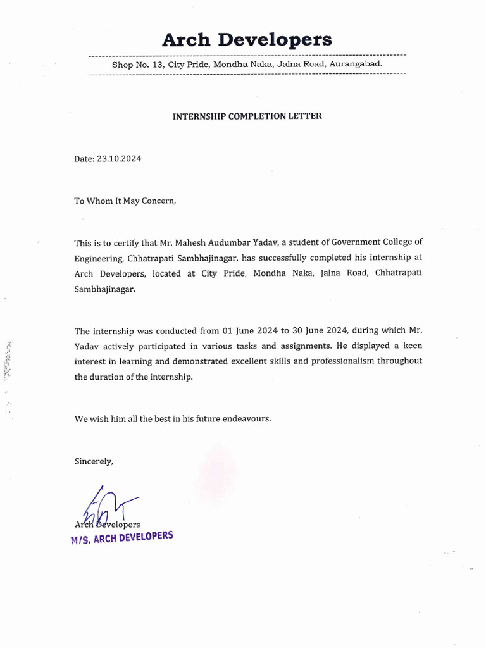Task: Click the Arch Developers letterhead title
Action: coord(247,40)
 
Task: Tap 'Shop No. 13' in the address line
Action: coord(135,65)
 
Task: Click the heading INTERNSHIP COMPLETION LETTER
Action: coord(247,116)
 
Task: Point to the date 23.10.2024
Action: coord(119,159)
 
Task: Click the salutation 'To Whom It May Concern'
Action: coord(123,201)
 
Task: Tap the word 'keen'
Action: coord(411,346)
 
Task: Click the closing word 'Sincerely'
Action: coord(94,461)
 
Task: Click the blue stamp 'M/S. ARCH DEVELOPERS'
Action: coord(122,539)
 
